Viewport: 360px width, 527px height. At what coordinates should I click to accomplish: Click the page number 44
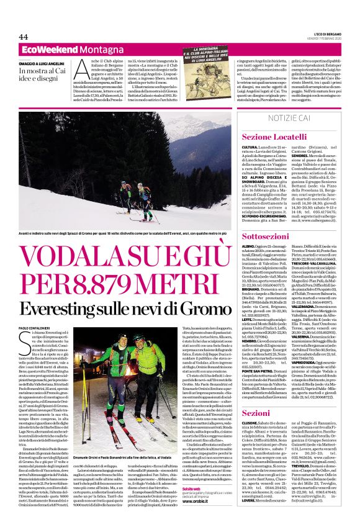coord(24,37)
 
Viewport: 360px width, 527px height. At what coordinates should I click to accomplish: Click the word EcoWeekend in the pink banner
coord(42,49)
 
